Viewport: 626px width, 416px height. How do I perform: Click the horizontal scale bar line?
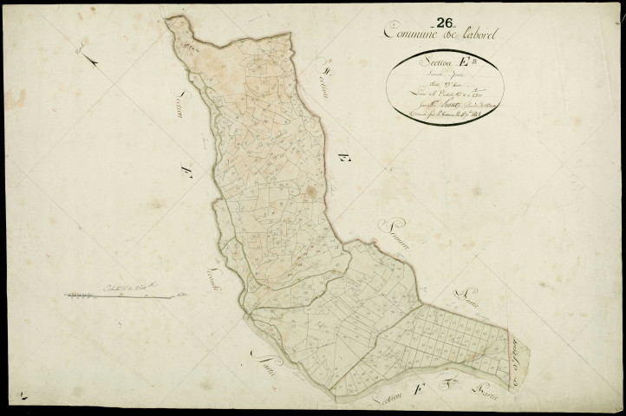point(121,297)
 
